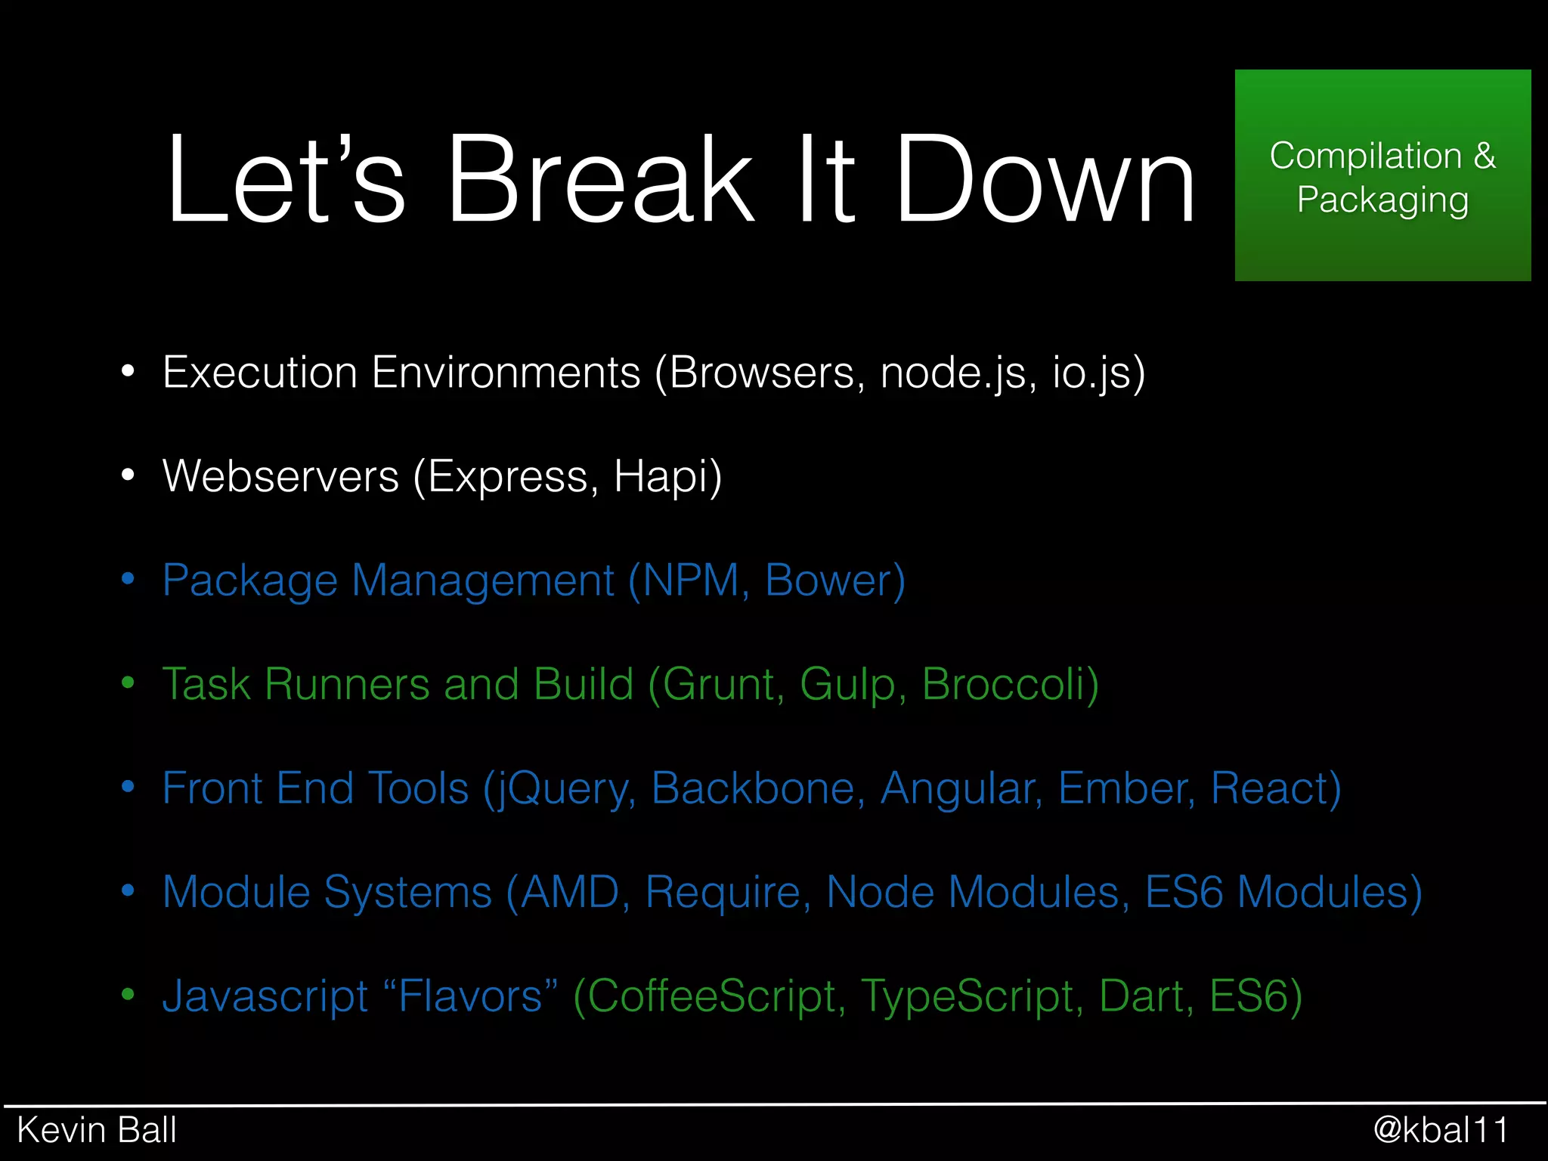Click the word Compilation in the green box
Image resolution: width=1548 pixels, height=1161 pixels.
1365,156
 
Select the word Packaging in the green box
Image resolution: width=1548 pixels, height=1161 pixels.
1382,200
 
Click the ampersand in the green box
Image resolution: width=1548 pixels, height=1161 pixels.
1484,156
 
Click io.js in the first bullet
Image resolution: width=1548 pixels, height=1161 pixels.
1096,373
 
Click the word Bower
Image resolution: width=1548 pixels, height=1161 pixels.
831,580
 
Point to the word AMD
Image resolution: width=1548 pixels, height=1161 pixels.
571,892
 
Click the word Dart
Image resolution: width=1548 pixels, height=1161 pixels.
1144,996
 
